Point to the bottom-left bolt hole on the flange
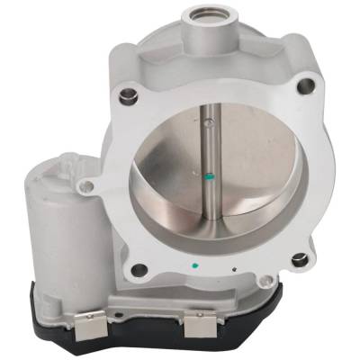coord(139,269)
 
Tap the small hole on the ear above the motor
coord(87,186)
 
